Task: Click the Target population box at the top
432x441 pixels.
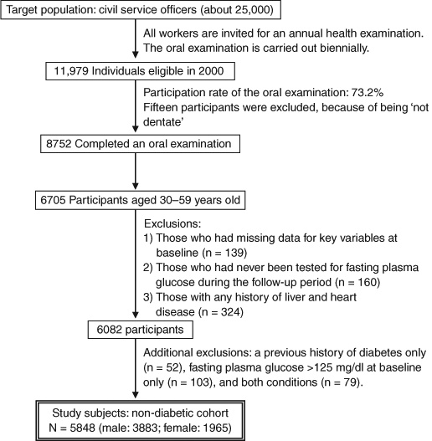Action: [141, 9]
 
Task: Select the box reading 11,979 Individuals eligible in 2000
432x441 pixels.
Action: [140, 71]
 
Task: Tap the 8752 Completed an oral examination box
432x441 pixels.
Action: [140, 144]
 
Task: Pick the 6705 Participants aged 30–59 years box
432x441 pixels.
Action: [140, 200]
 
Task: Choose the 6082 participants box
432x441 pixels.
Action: [140, 330]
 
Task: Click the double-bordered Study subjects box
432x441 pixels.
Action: [140, 420]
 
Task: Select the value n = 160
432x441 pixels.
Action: [359, 282]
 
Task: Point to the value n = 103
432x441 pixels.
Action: [191, 382]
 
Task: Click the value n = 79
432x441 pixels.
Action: [342, 382]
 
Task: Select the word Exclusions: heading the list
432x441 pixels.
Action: [172, 223]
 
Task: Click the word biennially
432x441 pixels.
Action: [344, 48]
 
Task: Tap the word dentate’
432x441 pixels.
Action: [163, 122]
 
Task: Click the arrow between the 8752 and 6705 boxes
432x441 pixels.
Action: [136, 172]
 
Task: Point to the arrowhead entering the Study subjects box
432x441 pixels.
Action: [136, 395]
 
